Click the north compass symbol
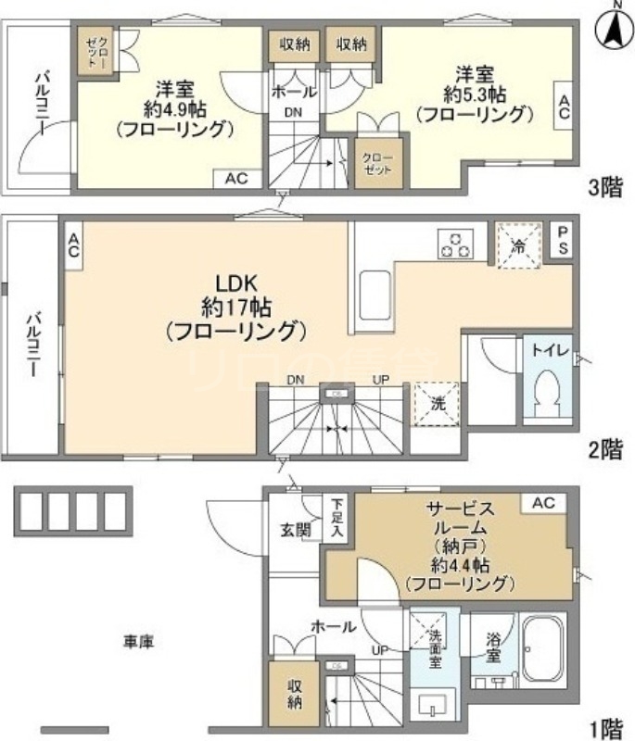point(613,27)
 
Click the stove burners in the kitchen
point(455,243)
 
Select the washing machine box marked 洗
point(436,403)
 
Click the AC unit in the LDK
point(73,245)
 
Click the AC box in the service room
point(543,503)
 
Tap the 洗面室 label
point(435,648)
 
